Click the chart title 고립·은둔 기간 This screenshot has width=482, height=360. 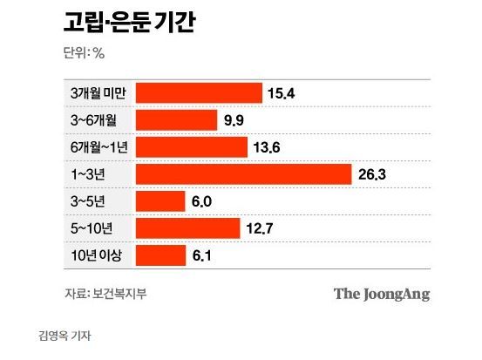[x=129, y=22]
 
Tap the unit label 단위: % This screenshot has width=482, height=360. [x=85, y=52]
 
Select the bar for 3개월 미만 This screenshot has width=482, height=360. [x=198, y=92]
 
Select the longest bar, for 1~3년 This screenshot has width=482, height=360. [x=242, y=173]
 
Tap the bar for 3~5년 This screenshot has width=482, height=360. [x=160, y=201]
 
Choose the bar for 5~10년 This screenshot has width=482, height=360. [x=187, y=228]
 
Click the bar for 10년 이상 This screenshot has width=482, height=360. [x=160, y=255]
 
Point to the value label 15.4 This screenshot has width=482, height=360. [x=283, y=92]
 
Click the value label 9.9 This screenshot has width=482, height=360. [x=234, y=119]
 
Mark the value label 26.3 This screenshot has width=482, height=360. [x=372, y=174]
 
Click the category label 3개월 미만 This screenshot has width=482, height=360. [x=98, y=92]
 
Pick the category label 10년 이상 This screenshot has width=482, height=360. [x=94, y=255]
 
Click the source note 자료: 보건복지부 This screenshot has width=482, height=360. [x=105, y=293]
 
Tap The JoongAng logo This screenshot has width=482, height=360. [x=382, y=293]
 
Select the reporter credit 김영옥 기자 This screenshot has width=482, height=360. [x=65, y=335]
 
